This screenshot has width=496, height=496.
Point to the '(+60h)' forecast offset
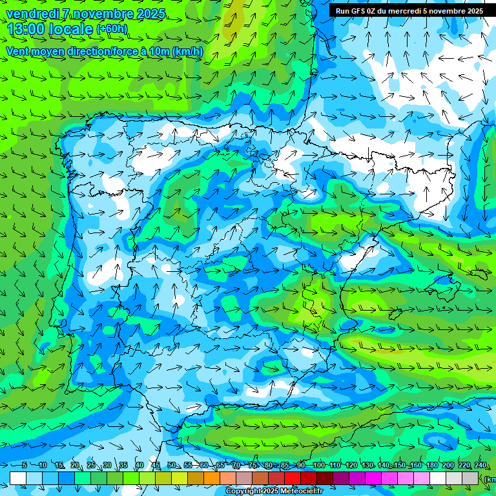[x=112, y=29]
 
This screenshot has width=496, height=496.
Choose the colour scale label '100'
[x=318, y=465]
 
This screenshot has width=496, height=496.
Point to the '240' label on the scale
[x=480, y=465]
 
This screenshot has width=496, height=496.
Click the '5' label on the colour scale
[x=25, y=465]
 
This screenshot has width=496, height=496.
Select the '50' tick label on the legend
[x=171, y=465]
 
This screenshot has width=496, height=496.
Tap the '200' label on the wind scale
[x=448, y=465]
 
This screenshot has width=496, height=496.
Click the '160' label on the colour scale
[x=415, y=465]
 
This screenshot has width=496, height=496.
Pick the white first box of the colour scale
[x=18, y=478]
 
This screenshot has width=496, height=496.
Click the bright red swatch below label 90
[x=293, y=478]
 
